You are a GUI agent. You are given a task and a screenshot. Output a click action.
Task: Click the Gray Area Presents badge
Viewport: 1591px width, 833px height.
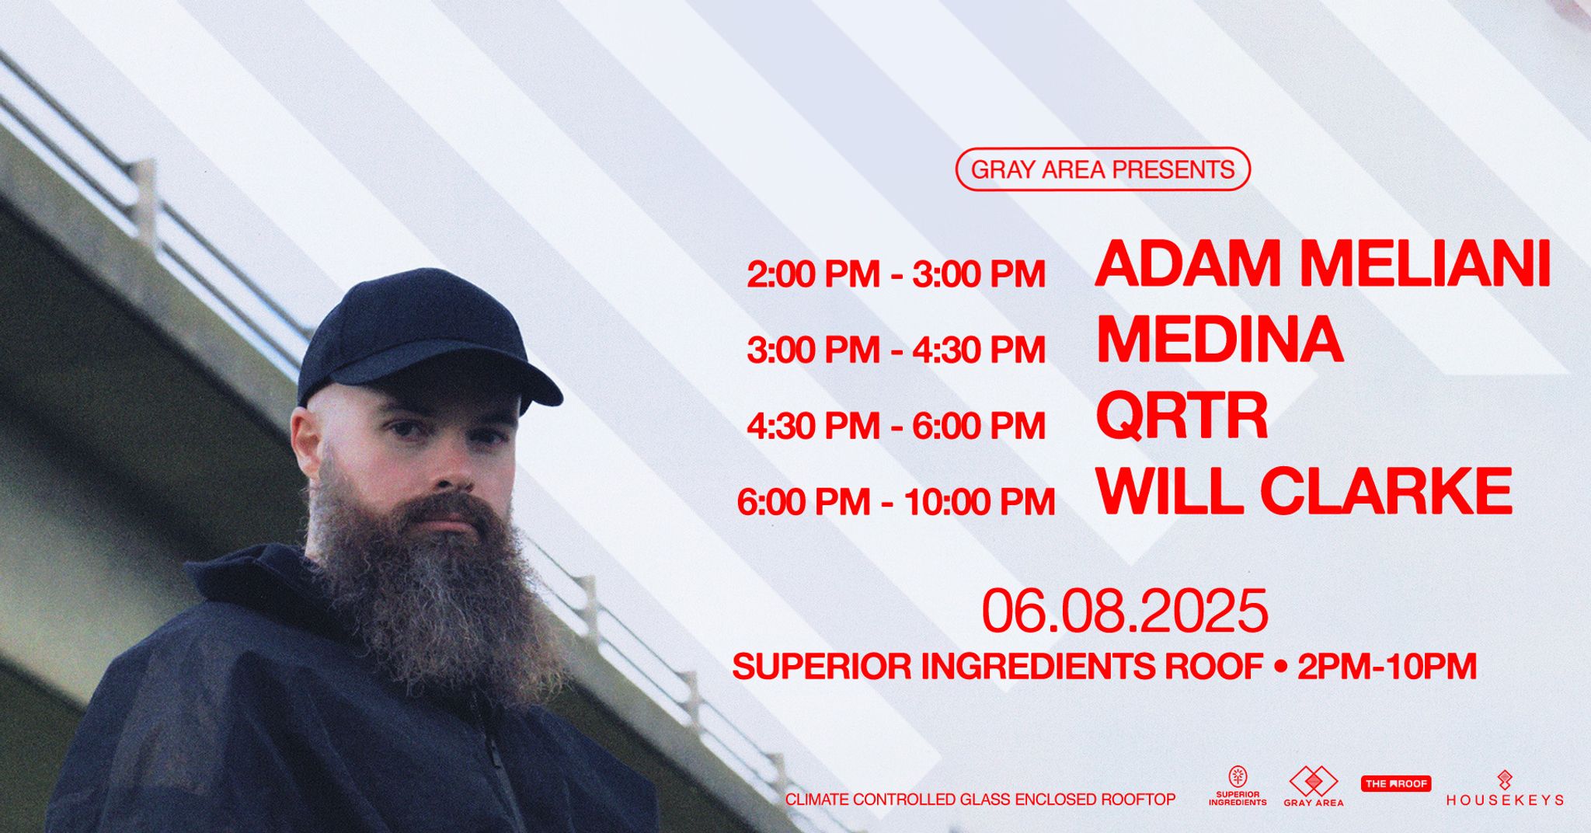[x=1102, y=169]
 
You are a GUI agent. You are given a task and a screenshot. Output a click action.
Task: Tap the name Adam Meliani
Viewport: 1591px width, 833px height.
[x=1323, y=265]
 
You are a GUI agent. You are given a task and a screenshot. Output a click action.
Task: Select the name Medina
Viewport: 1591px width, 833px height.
[x=1220, y=340]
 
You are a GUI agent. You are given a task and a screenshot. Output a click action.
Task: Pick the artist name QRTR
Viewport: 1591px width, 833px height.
[x=1182, y=416]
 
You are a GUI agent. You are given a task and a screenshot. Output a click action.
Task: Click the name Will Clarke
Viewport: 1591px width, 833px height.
[x=1304, y=491]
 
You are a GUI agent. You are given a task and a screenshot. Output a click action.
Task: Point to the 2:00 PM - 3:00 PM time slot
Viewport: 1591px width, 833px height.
[x=896, y=275]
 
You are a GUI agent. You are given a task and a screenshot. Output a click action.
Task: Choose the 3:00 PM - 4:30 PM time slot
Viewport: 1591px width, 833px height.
[x=896, y=350]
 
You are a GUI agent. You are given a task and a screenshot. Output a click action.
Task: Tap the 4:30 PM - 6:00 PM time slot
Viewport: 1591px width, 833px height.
[x=896, y=426]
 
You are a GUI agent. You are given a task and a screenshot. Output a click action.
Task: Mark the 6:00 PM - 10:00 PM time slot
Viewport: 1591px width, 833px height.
[x=896, y=502]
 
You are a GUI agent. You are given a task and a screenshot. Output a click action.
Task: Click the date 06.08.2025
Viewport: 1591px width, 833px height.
[x=1125, y=611]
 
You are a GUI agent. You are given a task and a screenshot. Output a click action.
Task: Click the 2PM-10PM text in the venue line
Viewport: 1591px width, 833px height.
[x=1387, y=667]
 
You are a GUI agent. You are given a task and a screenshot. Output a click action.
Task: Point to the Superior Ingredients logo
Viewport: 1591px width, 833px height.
[x=1238, y=786]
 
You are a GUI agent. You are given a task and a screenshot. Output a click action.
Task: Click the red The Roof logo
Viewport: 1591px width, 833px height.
[x=1396, y=784]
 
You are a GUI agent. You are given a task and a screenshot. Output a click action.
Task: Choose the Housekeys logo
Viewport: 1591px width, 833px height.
[x=1505, y=788]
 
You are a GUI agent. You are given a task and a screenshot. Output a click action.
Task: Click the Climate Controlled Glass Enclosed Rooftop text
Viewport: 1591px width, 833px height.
[x=980, y=800]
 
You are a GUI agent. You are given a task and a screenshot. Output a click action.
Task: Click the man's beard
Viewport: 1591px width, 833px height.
[x=435, y=591]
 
